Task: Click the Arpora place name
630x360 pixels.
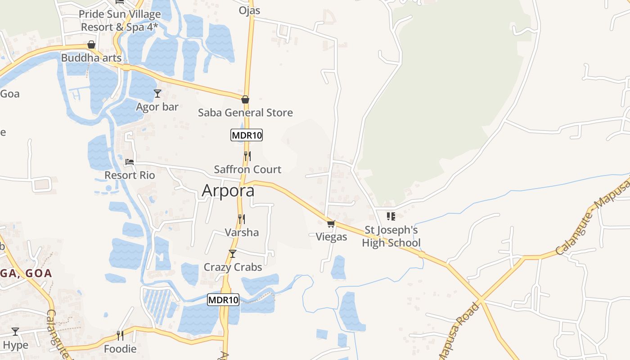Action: coord(228,190)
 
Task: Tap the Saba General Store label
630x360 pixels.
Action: coord(245,112)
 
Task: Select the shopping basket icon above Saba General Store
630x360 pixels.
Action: coord(245,99)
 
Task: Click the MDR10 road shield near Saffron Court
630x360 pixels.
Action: coord(247,135)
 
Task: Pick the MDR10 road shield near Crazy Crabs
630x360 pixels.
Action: coord(223,300)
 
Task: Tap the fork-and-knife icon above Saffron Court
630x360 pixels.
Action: coord(247,156)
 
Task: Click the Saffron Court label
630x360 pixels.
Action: coord(247,170)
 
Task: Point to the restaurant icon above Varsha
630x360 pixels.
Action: coord(242,219)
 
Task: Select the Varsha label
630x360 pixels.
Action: coord(242,232)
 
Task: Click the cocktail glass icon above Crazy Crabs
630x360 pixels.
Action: coord(232,254)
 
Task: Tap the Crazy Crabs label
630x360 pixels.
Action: coord(233,267)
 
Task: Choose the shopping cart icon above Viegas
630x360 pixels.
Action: coord(331,224)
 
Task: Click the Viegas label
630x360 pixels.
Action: coord(331,237)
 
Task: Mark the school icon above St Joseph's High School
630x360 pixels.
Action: coord(391,216)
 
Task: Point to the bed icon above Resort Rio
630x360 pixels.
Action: coord(130,162)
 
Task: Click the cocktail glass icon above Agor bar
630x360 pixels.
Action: coord(157,94)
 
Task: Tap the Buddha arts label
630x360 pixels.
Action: coord(91,58)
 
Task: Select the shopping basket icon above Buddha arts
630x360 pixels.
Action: coord(91,45)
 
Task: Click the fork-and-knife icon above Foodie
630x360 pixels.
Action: coord(120,336)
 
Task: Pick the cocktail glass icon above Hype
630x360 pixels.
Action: coord(15,332)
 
